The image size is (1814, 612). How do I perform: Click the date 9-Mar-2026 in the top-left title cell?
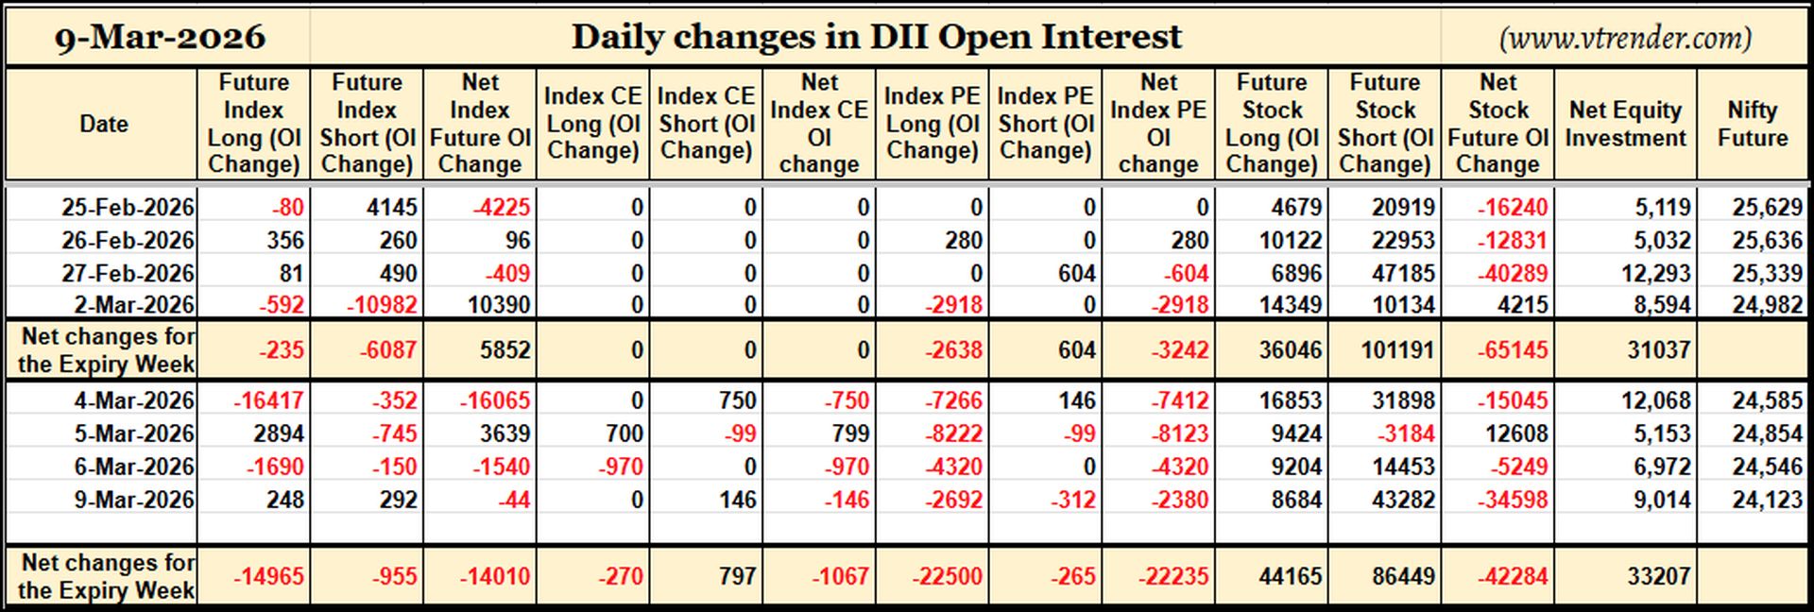click(x=160, y=37)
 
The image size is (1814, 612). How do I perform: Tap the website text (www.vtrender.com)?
click(x=1625, y=38)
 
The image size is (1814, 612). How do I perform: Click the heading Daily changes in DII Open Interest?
click(x=876, y=37)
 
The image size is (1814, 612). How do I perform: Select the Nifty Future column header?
click(x=1753, y=124)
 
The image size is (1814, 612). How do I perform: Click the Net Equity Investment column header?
click(x=1625, y=124)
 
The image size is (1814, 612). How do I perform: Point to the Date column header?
click(x=104, y=124)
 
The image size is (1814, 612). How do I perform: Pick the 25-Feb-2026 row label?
click(x=128, y=207)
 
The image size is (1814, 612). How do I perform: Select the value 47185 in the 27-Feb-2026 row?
click(x=1403, y=274)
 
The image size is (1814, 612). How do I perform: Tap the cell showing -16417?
click(x=269, y=400)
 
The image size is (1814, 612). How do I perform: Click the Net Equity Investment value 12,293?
click(x=1655, y=274)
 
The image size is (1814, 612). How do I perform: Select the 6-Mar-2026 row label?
click(x=134, y=467)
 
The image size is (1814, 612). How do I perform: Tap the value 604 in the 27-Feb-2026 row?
click(x=1076, y=274)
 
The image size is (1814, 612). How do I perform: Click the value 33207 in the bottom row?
click(x=1658, y=576)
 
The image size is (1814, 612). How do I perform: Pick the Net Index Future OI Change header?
click(x=480, y=124)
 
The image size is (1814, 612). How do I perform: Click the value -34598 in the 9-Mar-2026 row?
click(x=1512, y=500)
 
